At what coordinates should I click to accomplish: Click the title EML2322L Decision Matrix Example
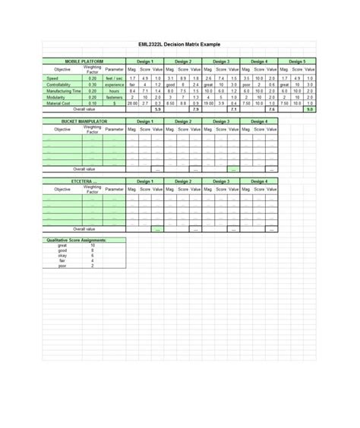click(x=180, y=45)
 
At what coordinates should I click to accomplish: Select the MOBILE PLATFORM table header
click(x=84, y=60)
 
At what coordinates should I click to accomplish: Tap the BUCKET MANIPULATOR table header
click(x=85, y=121)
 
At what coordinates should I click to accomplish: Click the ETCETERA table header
click(x=85, y=181)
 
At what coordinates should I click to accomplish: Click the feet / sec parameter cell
click(x=115, y=78)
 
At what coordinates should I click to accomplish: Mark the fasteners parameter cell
click(x=115, y=97)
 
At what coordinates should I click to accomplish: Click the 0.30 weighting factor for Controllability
click(x=93, y=85)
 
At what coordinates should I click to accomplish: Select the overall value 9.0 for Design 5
click(x=309, y=109)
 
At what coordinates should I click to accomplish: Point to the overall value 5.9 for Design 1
click(x=158, y=109)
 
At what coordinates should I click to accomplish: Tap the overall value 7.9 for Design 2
click(x=196, y=109)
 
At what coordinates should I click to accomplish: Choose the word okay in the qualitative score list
click(x=62, y=256)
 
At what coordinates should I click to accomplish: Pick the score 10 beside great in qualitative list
click(x=93, y=246)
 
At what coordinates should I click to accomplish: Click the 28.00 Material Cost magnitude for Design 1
click(x=133, y=103)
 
